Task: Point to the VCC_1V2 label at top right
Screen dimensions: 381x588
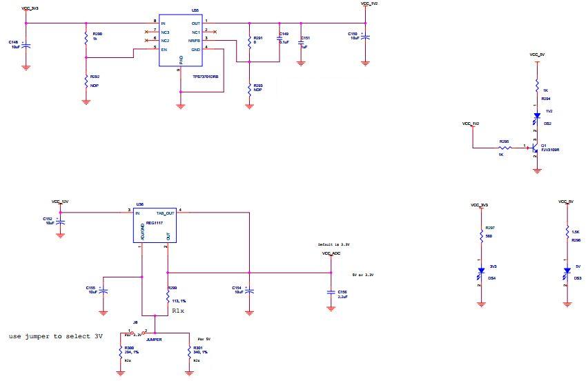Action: tap(369, 4)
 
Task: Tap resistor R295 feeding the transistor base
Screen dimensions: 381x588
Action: tap(505, 147)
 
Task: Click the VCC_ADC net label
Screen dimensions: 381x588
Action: tap(331, 253)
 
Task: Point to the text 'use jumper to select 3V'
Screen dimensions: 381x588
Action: tap(55, 336)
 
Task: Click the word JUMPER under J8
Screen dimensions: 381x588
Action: tap(154, 340)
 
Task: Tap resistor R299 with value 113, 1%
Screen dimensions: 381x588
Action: tap(168, 297)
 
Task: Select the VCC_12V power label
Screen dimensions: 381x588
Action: tap(60, 202)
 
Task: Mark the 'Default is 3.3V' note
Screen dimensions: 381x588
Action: tap(333, 244)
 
